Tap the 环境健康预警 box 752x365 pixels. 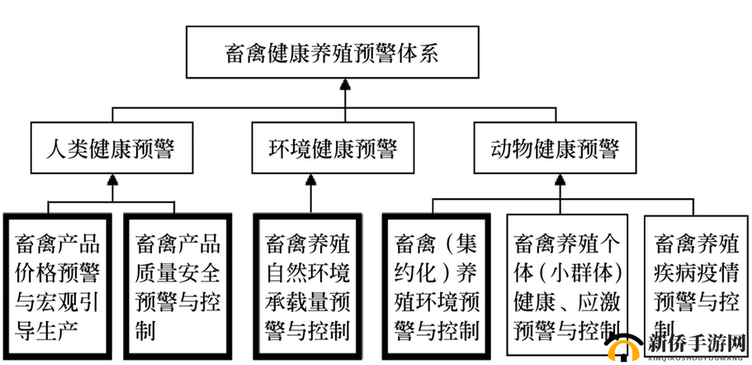pos(333,149)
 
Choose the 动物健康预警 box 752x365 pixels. pos(555,149)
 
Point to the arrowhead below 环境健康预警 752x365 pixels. pos(310,181)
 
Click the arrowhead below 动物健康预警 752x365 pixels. pos(556,181)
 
